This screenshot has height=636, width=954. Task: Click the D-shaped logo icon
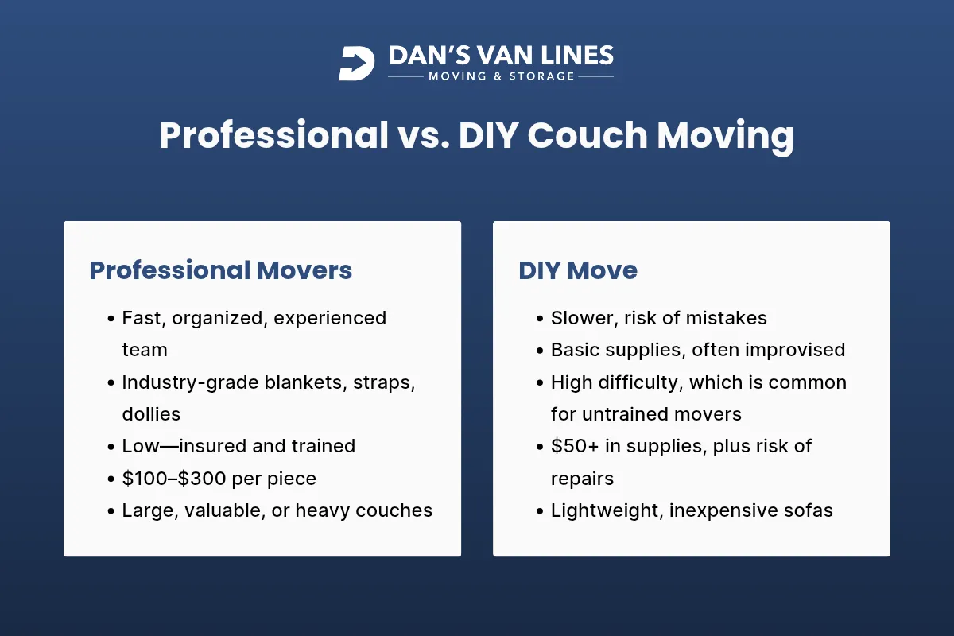click(356, 64)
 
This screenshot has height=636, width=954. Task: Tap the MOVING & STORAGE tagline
click(501, 76)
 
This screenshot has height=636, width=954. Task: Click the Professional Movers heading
click(221, 270)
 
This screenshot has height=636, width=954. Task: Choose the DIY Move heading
click(578, 270)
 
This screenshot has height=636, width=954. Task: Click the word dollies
click(151, 414)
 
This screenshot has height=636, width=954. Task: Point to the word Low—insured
click(184, 446)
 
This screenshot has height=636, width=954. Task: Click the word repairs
click(582, 479)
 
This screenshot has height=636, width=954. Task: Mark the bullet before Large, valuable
click(111, 511)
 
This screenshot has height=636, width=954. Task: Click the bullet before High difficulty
click(541, 383)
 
